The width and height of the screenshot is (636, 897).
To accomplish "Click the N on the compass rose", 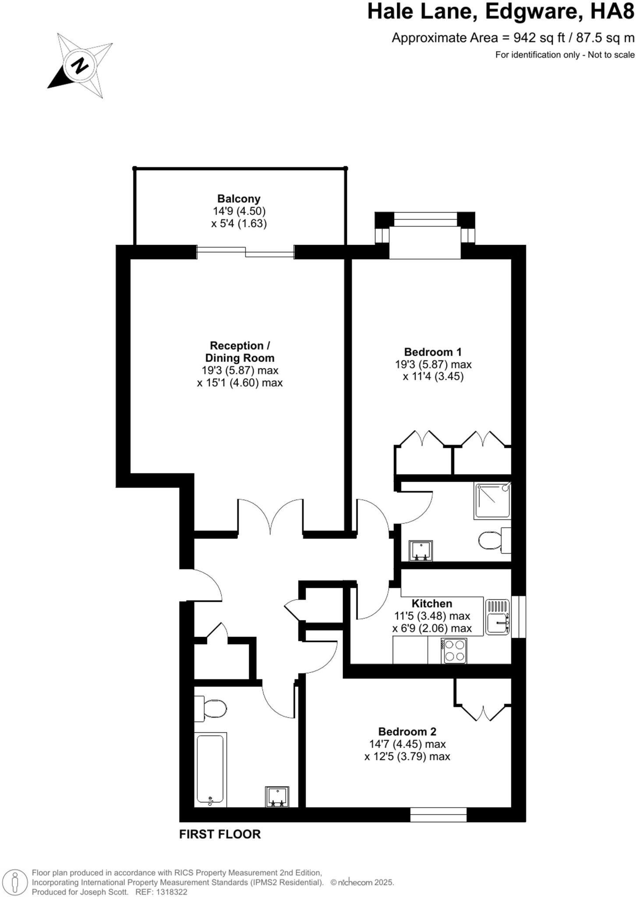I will (x=80, y=66).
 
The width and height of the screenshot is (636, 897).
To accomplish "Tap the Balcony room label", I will (x=239, y=198).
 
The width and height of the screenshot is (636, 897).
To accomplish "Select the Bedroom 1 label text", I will (x=433, y=352).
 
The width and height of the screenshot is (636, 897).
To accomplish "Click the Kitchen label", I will (x=431, y=603).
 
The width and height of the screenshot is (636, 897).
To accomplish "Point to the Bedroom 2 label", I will (x=407, y=731).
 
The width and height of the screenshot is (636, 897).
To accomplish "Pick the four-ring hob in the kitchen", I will (x=454, y=650).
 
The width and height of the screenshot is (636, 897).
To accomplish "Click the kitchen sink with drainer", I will (x=498, y=617).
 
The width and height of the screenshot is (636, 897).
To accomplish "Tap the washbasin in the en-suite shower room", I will (x=420, y=551).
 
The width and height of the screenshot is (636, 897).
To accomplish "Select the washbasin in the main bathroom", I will (x=277, y=797).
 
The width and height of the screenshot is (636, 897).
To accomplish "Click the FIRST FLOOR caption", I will (x=220, y=834).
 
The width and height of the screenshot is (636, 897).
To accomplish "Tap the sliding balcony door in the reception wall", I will (x=245, y=252).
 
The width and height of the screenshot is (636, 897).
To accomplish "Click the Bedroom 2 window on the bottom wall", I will (x=438, y=815).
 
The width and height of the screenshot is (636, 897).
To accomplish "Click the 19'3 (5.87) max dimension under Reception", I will (x=240, y=370).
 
